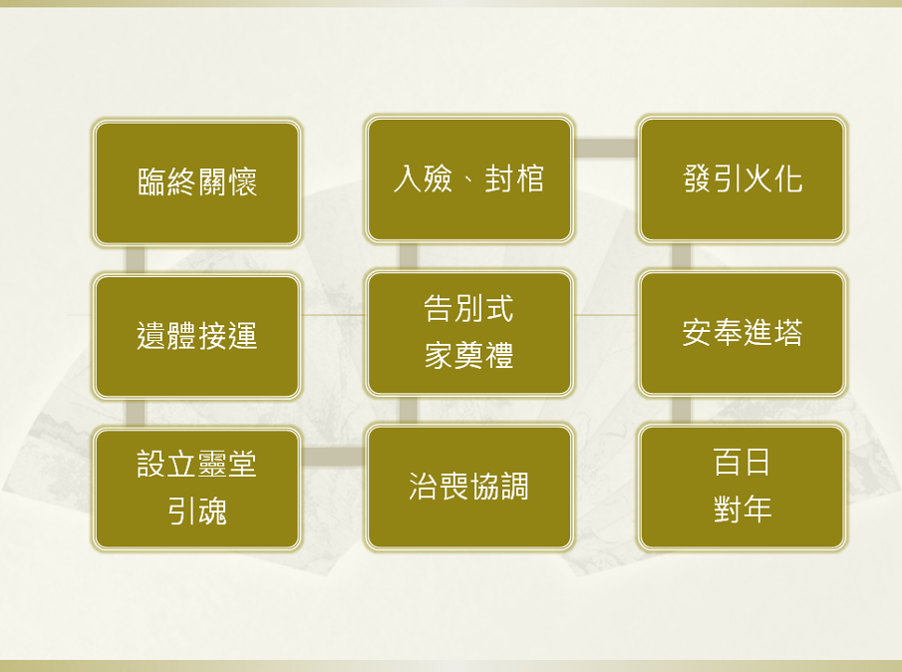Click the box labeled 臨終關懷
196,183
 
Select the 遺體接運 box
196,336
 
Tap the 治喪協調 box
468,487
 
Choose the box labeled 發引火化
743,178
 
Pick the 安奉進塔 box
743,333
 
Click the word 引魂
196,510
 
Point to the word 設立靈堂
196,464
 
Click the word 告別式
468,308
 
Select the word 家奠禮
468,355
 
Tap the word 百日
743,462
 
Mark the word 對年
743,509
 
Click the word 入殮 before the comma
423,178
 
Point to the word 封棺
513,178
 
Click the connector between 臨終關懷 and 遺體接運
136,260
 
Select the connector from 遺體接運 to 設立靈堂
136,413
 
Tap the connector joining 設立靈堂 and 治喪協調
333,457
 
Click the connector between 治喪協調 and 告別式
408,410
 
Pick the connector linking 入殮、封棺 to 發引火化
606,148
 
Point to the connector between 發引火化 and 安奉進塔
681,256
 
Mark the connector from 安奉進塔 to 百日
681,410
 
